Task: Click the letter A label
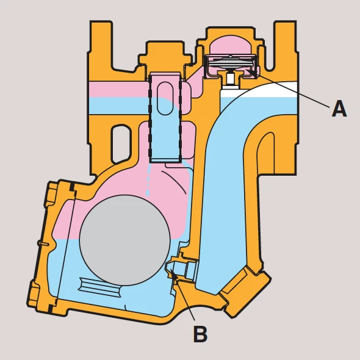click(x=339, y=109)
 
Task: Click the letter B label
click(x=200, y=334)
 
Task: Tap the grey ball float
click(x=125, y=240)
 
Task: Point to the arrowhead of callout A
click(x=253, y=72)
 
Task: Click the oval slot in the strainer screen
click(x=165, y=98)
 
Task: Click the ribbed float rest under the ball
click(x=100, y=287)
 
